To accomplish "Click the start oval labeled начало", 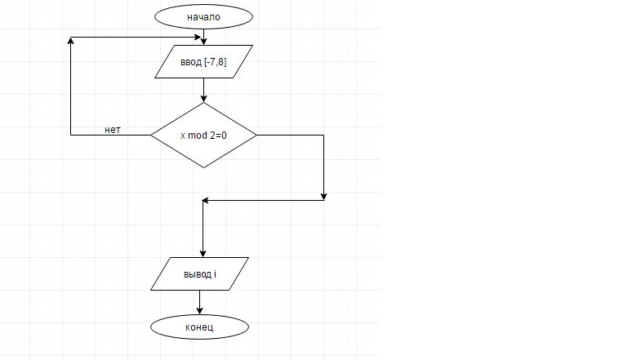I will [x=203, y=16].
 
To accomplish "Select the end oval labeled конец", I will [x=199, y=326].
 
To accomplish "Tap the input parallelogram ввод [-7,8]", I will [x=203, y=62].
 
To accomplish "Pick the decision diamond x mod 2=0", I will [x=203, y=135].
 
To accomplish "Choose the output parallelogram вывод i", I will [x=200, y=273].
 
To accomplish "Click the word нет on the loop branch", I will [x=114, y=130].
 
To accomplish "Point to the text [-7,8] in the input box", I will [x=215, y=62].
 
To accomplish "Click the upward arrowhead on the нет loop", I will [x=72, y=41].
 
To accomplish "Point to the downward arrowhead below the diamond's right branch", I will [x=324, y=196].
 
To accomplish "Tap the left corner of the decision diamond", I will [x=151, y=135].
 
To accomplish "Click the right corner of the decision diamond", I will [x=256, y=135].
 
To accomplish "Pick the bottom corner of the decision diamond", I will [x=203, y=168].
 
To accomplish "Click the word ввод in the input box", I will [x=190, y=62].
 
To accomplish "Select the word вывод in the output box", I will [x=197, y=273].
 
